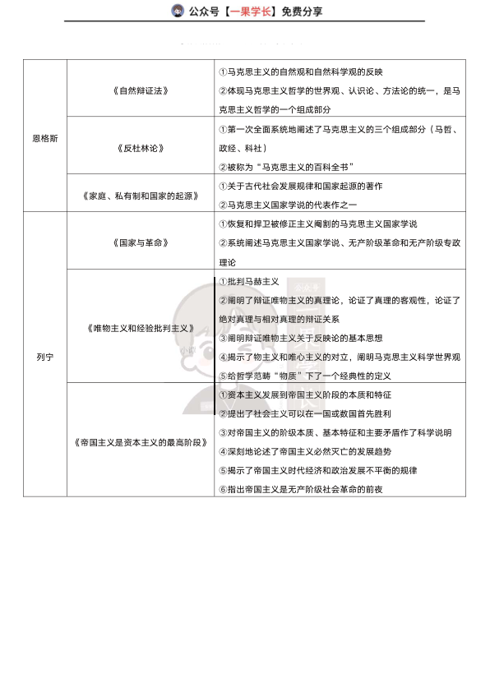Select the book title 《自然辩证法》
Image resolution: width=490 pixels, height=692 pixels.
(x=141, y=90)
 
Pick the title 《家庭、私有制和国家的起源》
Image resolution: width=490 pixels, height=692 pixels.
(x=141, y=196)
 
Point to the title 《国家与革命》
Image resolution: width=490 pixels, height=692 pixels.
(x=141, y=242)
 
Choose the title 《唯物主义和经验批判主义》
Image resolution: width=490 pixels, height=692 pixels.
(x=141, y=328)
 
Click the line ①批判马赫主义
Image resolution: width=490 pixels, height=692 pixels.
(x=249, y=281)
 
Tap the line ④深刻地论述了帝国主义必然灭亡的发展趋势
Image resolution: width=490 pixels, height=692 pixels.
(x=317, y=451)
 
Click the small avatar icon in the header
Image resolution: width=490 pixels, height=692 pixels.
(x=177, y=11)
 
